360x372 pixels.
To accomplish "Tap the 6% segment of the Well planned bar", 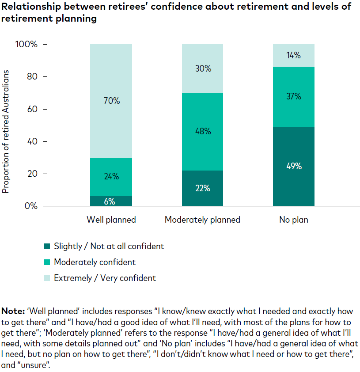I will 111,201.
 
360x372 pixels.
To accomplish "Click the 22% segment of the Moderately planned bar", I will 202,188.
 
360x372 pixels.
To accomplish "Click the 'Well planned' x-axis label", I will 111,220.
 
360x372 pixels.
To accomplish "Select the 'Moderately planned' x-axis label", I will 202,220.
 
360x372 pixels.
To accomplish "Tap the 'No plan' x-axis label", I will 293,220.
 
